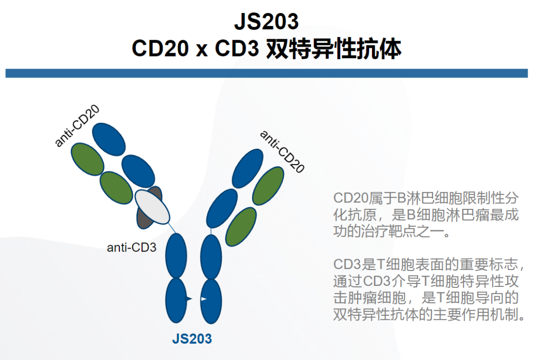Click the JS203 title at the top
pos(266,21)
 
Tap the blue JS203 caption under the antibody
pos(192,339)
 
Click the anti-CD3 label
pos(131,247)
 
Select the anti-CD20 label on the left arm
pos(77,126)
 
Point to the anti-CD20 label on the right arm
pos(282,151)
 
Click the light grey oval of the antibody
pos(152,207)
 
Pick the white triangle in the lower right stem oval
pos(203,299)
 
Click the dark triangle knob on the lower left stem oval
pos(189,299)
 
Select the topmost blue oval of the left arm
pos(109,139)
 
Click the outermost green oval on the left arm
pos(88,159)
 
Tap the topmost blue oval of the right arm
pos(248,169)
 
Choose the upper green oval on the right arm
pos(268,186)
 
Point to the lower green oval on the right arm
pos(241,227)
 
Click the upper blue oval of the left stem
pos(176,256)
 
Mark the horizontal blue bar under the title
pos(267,73)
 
